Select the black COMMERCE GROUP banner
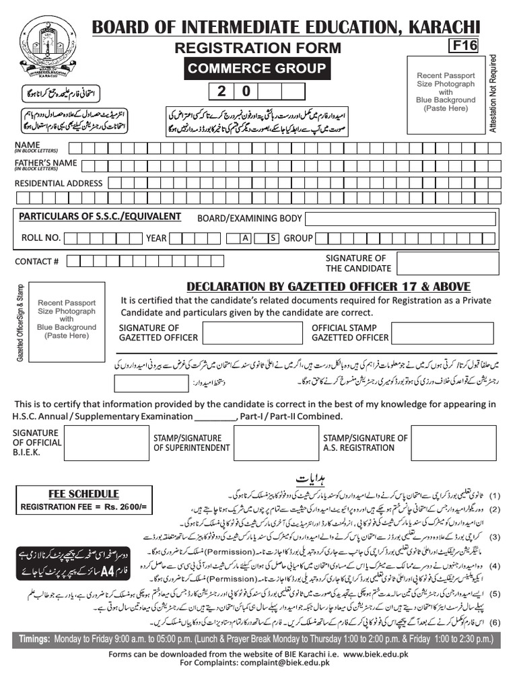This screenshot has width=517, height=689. (256, 68)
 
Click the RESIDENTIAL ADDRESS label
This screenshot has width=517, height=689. (59, 183)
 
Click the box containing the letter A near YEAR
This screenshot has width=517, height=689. (246, 238)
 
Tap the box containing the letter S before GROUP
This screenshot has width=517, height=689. (273, 238)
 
